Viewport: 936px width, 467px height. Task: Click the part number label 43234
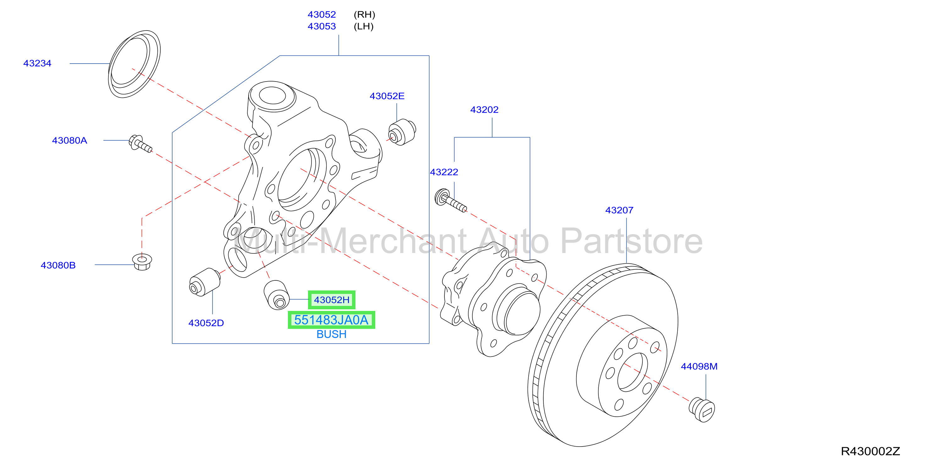click(37, 63)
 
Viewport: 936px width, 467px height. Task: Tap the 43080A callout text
click(69, 140)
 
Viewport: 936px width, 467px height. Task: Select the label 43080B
click(58, 265)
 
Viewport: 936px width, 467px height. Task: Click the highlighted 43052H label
click(332, 300)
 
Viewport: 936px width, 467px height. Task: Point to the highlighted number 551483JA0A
click(331, 320)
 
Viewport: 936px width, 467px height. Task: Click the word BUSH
click(331, 334)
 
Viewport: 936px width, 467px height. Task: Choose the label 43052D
click(206, 323)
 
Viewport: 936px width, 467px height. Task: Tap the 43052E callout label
click(387, 96)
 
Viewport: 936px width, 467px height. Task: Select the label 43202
click(484, 110)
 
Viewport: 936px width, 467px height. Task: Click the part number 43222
click(444, 172)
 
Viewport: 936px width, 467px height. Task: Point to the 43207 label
click(619, 210)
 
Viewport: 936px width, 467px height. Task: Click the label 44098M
click(699, 366)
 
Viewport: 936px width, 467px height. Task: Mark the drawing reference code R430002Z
click(870, 451)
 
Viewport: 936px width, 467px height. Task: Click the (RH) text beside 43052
click(364, 14)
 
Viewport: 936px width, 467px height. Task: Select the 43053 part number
click(322, 26)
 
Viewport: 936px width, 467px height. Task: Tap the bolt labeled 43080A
click(140, 144)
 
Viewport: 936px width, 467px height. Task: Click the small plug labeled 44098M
click(702, 409)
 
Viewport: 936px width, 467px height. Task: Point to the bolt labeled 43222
click(451, 200)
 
